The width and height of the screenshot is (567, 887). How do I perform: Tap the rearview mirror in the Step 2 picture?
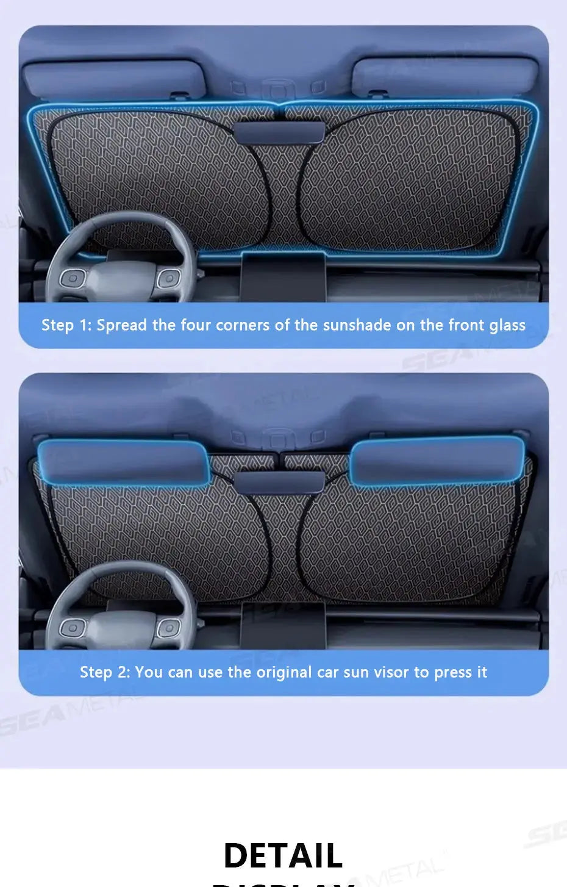(x=279, y=481)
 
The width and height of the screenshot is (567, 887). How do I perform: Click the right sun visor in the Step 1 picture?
(x=445, y=77)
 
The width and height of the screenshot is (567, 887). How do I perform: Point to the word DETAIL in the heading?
(x=283, y=855)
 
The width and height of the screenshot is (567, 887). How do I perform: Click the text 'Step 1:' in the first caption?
(x=66, y=325)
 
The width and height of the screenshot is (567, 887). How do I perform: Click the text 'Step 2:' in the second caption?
(x=104, y=672)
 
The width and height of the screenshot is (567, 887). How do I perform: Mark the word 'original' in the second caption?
(x=284, y=672)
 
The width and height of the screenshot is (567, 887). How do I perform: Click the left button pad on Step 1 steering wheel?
(x=72, y=279)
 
